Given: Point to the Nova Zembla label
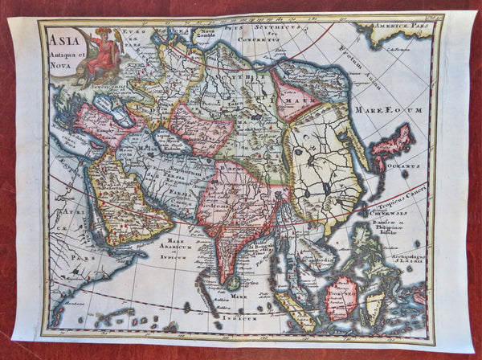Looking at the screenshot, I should (x=205, y=36).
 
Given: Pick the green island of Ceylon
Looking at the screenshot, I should (x=234, y=282).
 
